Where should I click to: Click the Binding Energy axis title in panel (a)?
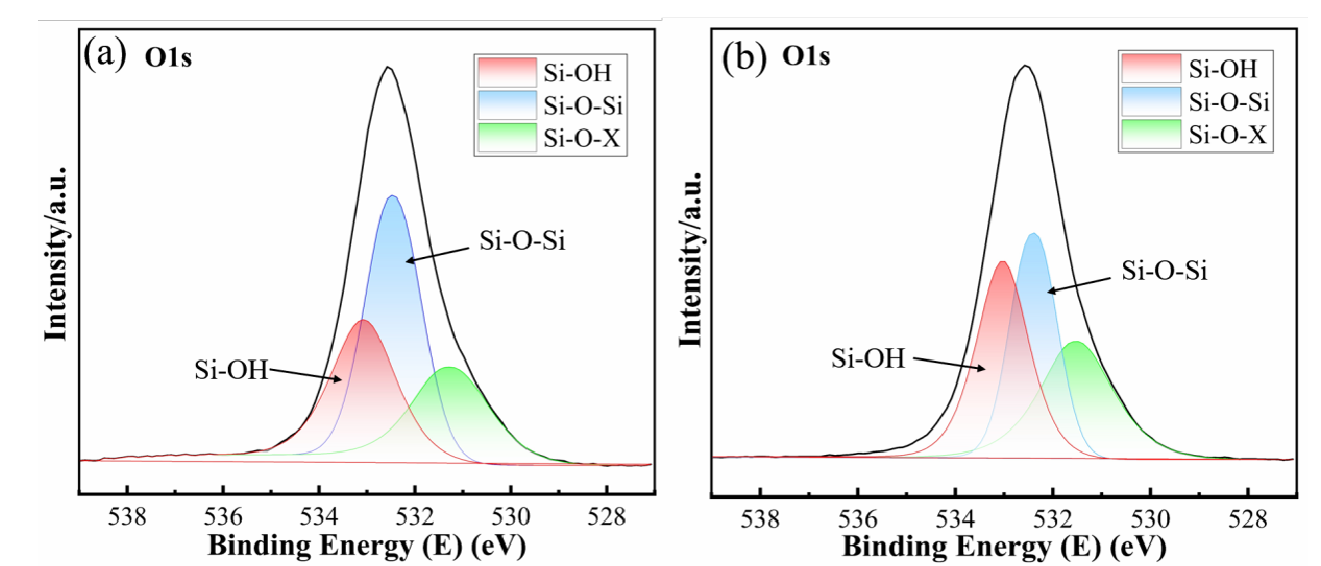(365, 545)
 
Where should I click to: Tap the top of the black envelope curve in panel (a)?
(389, 68)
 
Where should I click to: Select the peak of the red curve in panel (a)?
(363, 321)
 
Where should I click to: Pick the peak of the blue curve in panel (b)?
(1033, 234)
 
